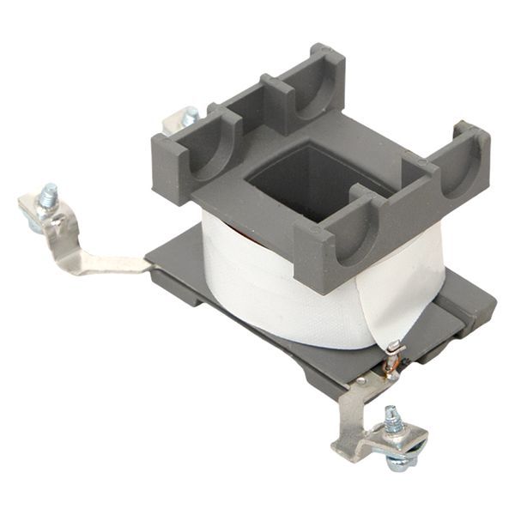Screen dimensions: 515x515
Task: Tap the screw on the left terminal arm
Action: coord(49,196)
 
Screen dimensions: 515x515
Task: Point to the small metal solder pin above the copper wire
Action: coord(393,347)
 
